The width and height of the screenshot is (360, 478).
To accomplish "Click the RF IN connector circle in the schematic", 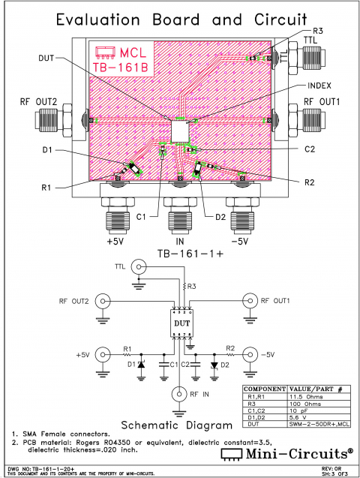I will click(181, 393).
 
